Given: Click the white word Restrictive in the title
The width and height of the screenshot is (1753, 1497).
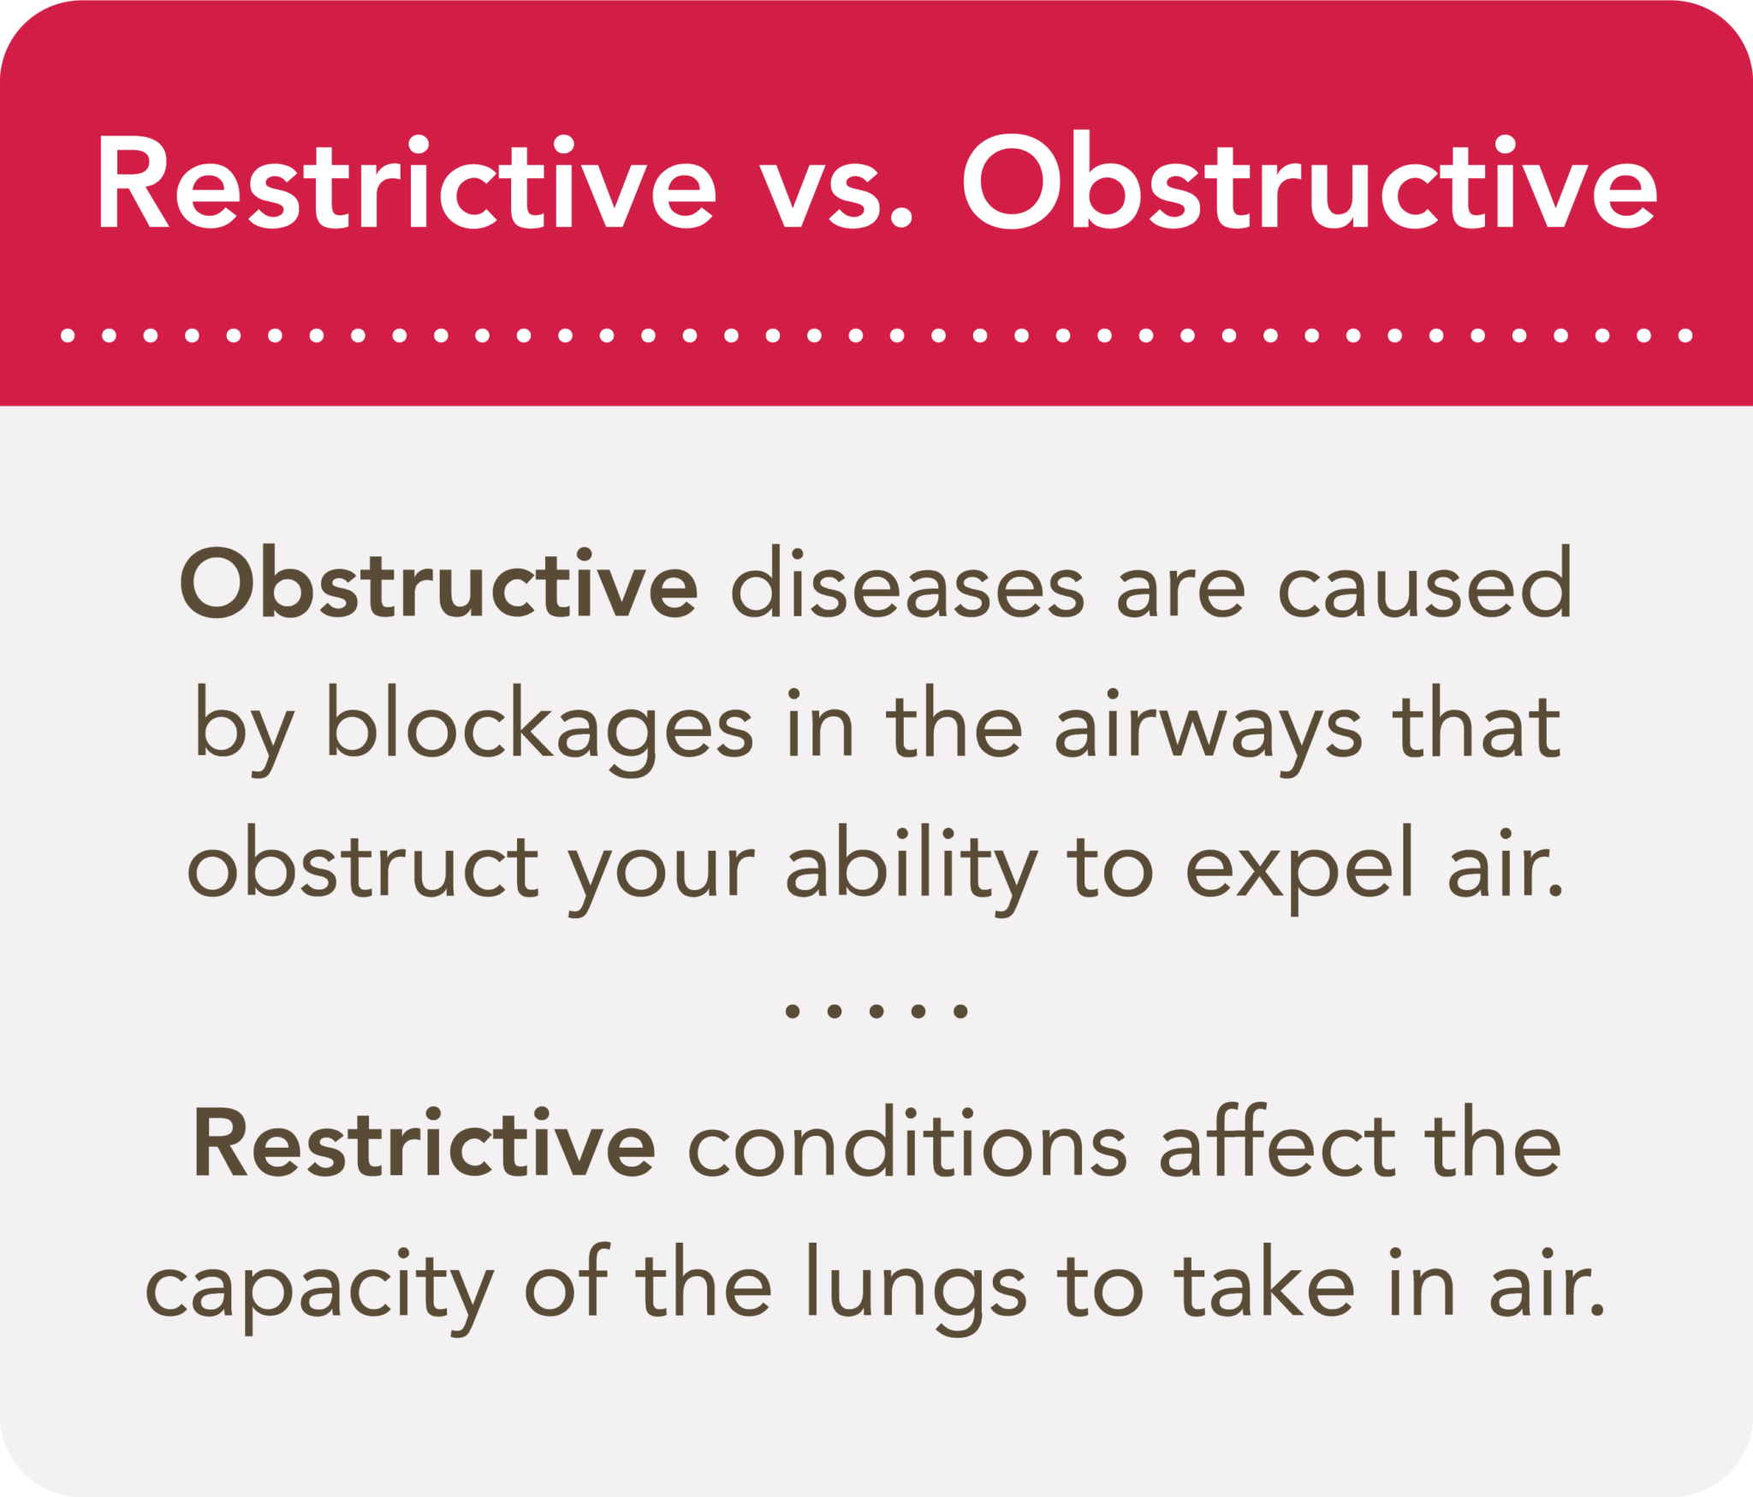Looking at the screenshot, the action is (x=407, y=182).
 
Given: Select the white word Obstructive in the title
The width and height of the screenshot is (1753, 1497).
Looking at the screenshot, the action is (x=1310, y=181).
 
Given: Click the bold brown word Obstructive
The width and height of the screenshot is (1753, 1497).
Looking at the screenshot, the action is (x=438, y=582).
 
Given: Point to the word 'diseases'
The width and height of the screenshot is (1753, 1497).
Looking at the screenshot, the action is (x=907, y=582).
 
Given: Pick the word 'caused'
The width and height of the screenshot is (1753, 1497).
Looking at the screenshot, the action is (x=1424, y=582).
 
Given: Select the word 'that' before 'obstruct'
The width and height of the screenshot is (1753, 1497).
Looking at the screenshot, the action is (x=1477, y=724).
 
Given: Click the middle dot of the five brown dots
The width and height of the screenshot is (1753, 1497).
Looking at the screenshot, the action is (x=876, y=1012).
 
